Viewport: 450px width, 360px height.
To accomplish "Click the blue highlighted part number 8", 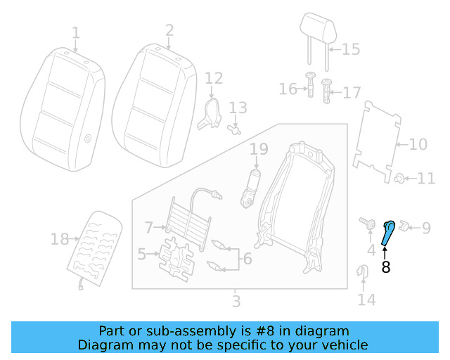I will click(387, 233).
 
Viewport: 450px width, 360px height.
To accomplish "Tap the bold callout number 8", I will click(385, 267).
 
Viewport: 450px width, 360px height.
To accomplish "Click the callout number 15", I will click(350, 49).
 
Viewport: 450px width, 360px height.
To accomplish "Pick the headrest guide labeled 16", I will click(309, 87).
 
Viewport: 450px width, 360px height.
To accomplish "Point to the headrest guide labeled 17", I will click(326, 91).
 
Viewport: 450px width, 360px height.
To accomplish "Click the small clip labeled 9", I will click(405, 226).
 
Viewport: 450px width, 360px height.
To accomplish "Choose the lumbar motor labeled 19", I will click(251, 188).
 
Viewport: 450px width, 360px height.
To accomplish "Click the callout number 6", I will click(247, 258).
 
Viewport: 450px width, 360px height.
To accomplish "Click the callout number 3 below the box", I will click(236, 302).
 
